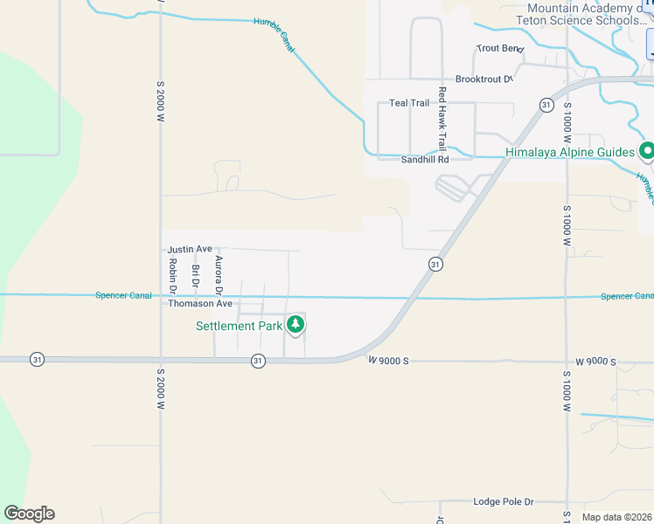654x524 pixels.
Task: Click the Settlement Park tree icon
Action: pos(296,325)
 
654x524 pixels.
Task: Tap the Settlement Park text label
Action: pos(239,326)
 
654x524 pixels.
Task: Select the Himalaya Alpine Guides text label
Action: pos(569,152)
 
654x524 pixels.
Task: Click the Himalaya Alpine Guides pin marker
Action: pos(647,151)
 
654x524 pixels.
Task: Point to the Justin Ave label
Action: pos(191,249)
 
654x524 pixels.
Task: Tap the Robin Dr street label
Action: pos(172,275)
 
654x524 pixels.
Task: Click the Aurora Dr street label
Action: pos(218,274)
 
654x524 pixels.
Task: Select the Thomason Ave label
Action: pos(200,304)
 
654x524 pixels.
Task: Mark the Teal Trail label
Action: pos(409,103)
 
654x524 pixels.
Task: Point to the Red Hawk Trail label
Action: pos(442,118)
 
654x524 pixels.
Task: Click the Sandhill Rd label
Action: pos(424,160)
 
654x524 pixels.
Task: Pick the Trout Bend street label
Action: pos(498,48)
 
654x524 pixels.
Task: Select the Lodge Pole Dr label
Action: pos(503,502)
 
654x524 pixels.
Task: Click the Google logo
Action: pos(29,514)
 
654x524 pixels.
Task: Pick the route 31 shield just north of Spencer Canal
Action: pos(435,264)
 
